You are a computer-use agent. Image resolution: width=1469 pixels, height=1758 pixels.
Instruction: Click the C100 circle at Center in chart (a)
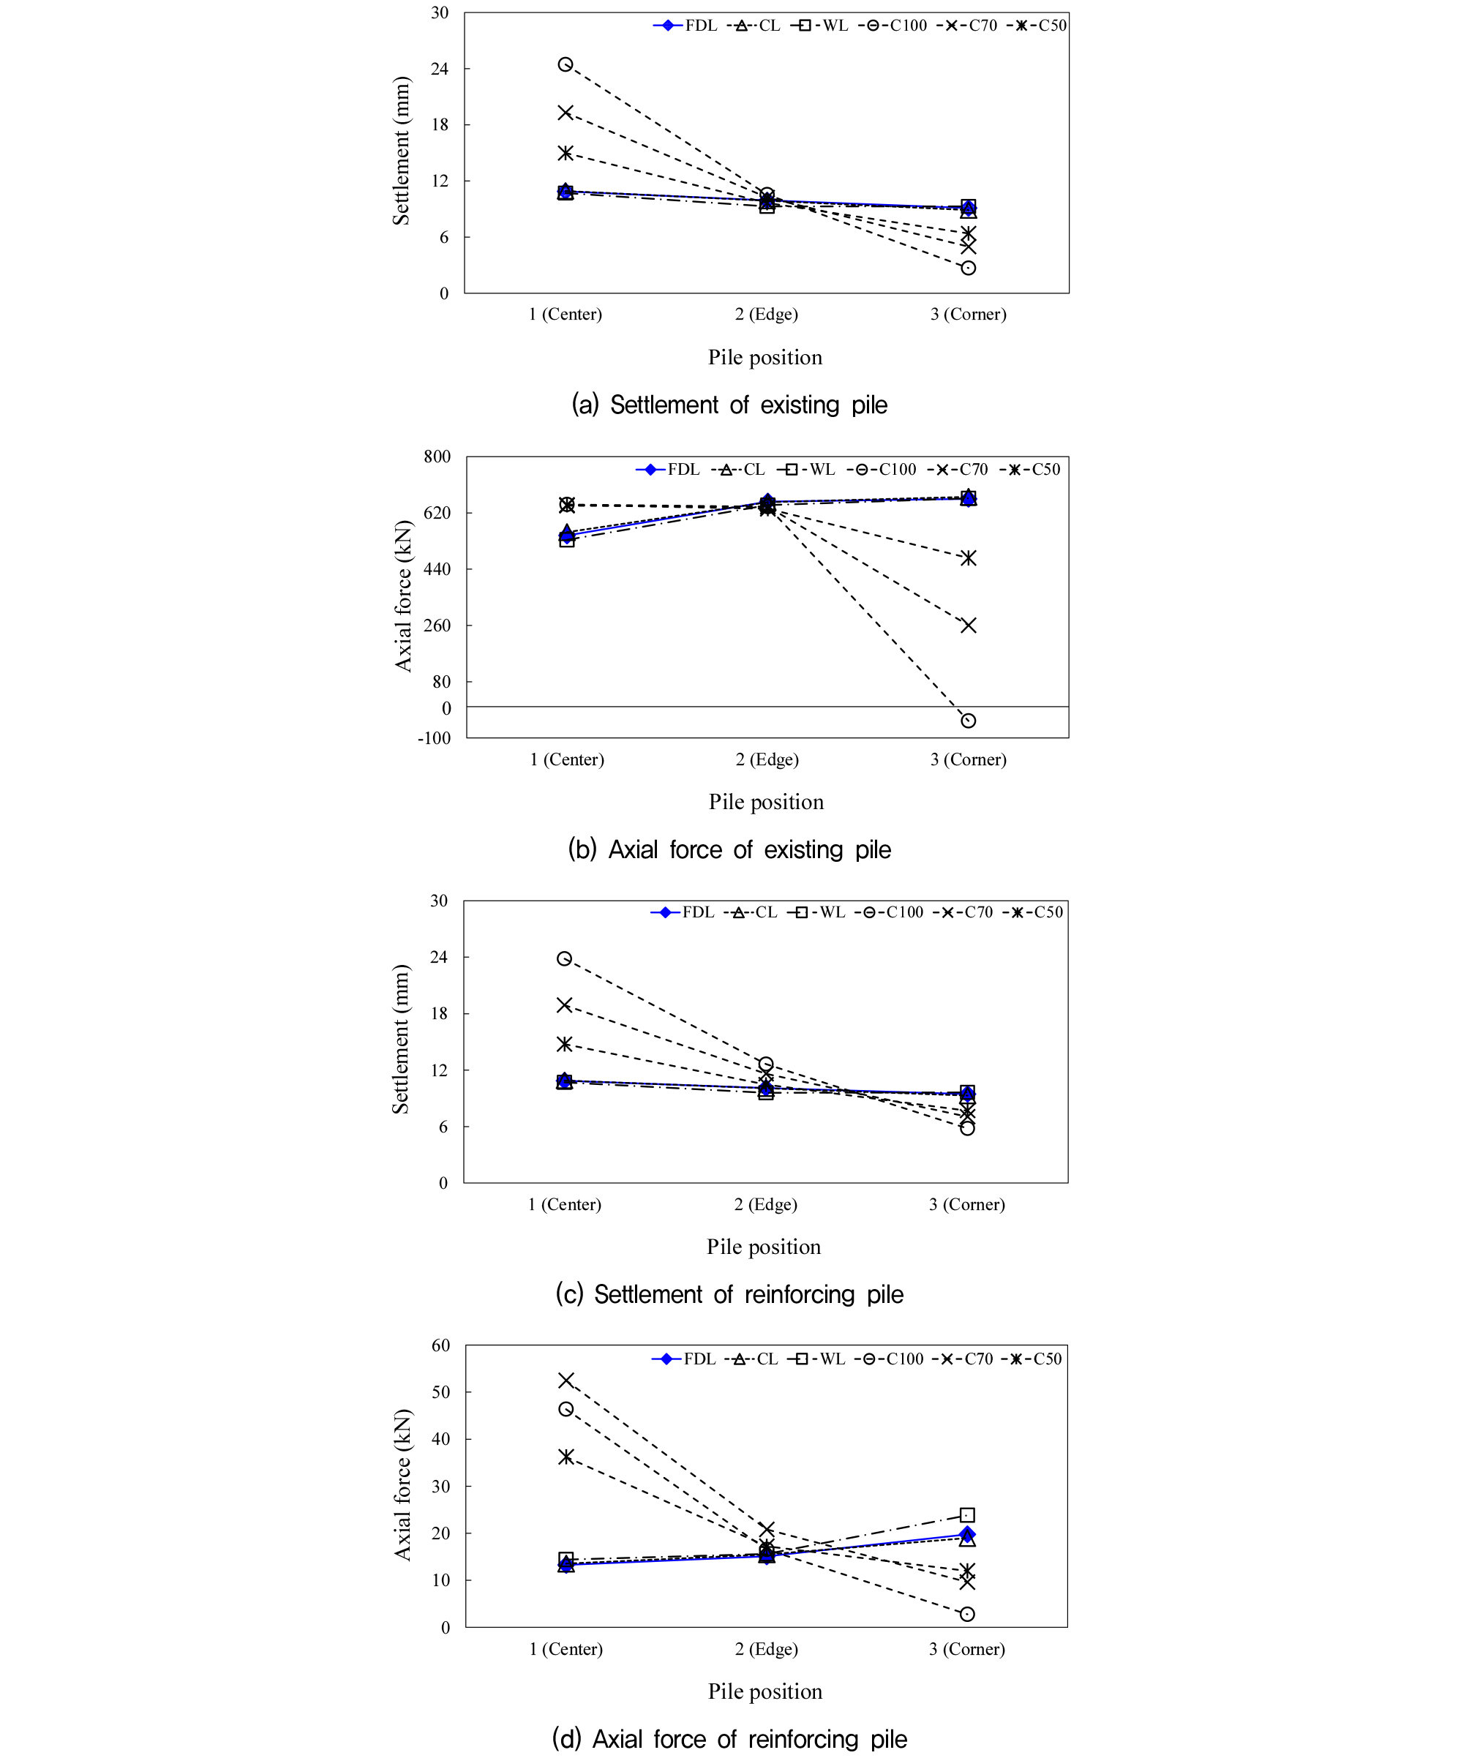click(566, 64)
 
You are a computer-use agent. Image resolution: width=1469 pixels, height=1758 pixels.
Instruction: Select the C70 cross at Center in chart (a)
click(566, 112)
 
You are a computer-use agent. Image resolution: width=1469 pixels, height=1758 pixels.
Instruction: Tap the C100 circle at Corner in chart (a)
click(968, 268)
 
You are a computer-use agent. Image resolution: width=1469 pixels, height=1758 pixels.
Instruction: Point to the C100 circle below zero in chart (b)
click(968, 721)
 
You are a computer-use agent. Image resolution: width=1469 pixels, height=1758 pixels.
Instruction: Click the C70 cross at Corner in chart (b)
click(968, 626)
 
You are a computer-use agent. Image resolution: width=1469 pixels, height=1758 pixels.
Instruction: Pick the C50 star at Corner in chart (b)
click(968, 558)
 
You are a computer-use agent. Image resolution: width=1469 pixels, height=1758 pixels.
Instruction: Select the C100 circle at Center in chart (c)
click(565, 958)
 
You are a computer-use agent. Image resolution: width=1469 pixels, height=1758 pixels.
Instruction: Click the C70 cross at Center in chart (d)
click(566, 1380)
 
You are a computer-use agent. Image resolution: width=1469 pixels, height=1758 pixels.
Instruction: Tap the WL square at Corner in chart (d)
click(967, 1515)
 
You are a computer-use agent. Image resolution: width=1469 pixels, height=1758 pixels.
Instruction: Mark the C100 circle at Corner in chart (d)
click(967, 1614)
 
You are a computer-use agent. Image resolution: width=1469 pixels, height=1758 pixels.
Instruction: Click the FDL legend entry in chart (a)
click(685, 26)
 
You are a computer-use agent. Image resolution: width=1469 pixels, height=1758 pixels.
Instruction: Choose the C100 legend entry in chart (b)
click(882, 470)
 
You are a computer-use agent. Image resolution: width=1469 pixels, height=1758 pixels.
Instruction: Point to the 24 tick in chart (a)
click(440, 69)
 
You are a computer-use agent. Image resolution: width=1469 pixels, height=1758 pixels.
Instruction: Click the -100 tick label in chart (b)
click(434, 738)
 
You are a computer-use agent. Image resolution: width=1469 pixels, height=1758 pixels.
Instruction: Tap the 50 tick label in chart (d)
click(440, 1392)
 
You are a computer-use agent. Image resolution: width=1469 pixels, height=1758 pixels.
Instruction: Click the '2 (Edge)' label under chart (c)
click(766, 1205)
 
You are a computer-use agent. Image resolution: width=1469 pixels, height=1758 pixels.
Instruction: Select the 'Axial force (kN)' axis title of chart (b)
click(403, 596)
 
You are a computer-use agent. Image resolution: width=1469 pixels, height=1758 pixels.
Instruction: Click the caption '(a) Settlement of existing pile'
click(729, 405)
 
